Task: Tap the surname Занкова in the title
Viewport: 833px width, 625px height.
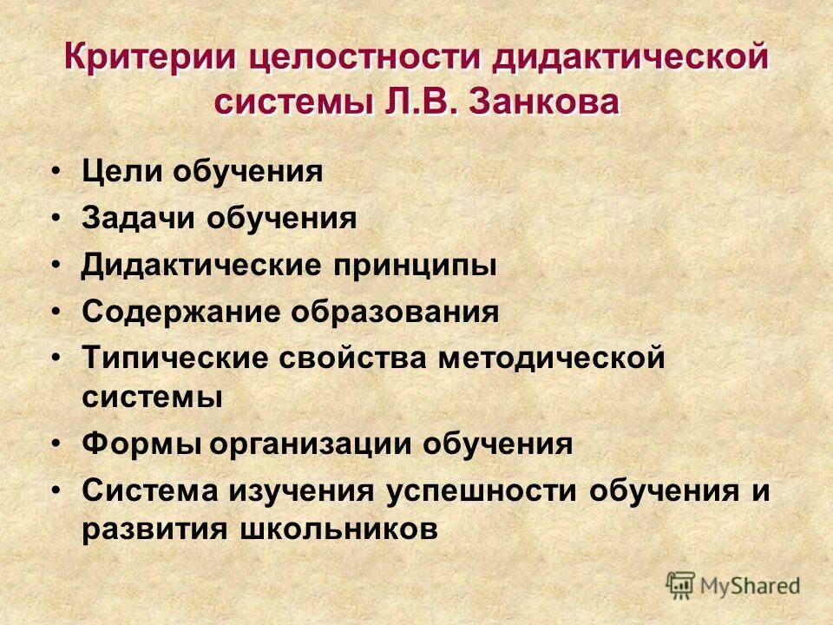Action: click(545, 103)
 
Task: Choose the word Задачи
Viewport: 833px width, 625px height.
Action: click(138, 219)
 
